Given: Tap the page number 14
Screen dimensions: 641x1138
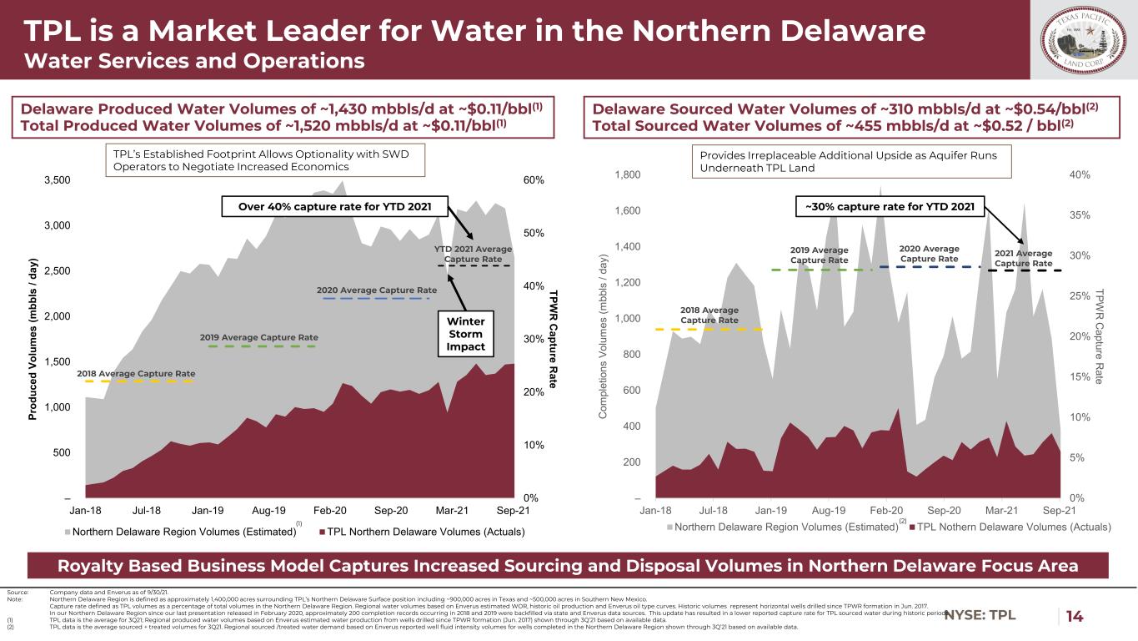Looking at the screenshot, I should (x=1075, y=616).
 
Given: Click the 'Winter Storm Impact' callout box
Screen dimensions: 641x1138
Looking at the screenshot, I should (x=465, y=334).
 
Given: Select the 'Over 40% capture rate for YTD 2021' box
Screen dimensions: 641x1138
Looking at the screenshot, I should (x=330, y=206).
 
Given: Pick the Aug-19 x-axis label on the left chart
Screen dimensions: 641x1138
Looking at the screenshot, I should (x=269, y=509).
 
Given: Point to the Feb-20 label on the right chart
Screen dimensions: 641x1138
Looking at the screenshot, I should (x=886, y=509).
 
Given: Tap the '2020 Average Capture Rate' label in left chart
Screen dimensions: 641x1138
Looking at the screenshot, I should (x=377, y=290).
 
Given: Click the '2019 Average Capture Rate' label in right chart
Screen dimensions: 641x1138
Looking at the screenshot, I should (x=819, y=255).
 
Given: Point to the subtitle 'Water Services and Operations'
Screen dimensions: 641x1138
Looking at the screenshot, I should (x=193, y=61).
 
